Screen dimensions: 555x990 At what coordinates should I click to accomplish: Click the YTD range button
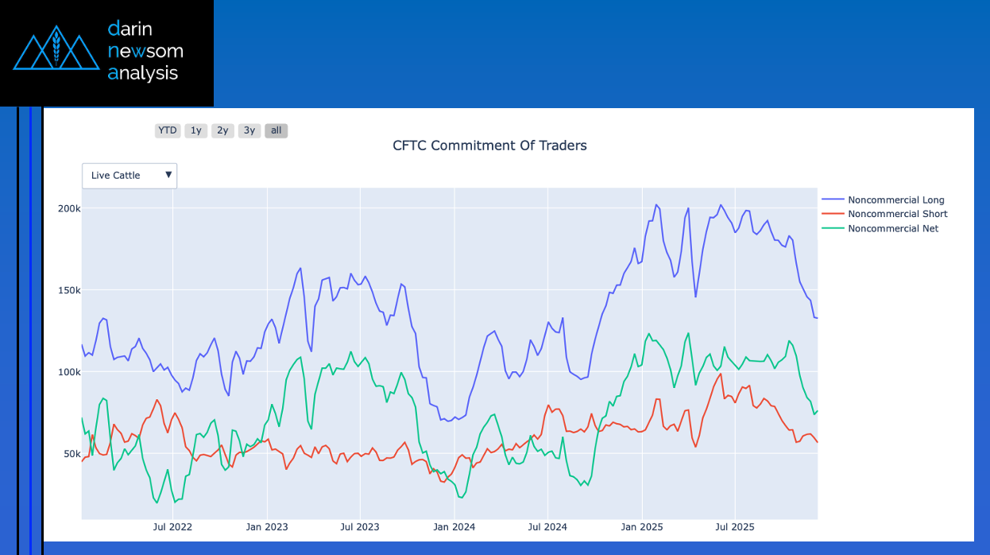(167, 130)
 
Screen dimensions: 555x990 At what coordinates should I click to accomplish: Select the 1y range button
(195, 130)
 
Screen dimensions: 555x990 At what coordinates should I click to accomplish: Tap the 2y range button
(222, 130)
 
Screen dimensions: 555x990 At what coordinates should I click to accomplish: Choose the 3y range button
(249, 130)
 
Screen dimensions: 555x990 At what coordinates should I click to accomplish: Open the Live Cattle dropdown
(130, 176)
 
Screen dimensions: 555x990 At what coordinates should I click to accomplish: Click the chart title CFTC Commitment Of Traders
(489, 146)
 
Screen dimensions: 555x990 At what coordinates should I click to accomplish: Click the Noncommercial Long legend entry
(895, 200)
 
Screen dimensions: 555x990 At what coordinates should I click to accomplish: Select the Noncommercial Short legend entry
(897, 214)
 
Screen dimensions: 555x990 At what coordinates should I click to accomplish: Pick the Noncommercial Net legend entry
(892, 228)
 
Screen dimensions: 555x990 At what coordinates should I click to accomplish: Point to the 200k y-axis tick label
(68, 208)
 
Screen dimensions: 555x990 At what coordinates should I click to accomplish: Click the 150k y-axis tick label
(68, 290)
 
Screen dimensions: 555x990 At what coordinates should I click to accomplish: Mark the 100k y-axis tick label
(68, 372)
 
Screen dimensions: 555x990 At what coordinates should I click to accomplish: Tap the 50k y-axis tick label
(71, 454)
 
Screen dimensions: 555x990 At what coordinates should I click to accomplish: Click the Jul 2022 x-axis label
(172, 526)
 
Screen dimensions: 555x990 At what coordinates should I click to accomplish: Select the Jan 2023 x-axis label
(266, 526)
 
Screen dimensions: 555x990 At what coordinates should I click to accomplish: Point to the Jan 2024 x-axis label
(454, 526)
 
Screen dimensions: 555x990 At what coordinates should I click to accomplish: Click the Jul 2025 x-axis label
(735, 526)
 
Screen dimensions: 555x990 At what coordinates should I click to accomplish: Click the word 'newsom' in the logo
(145, 52)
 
